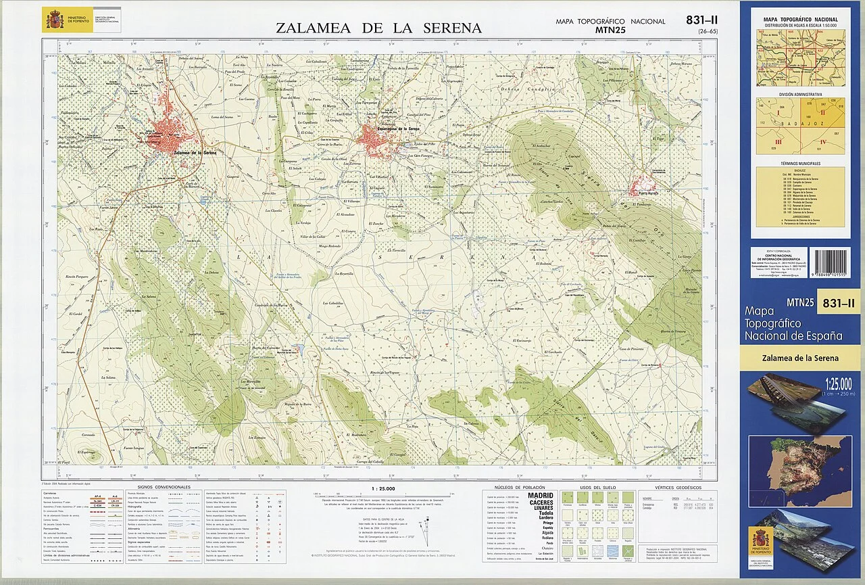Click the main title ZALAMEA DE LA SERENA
378,28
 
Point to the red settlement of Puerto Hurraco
643,184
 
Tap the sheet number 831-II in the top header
703,21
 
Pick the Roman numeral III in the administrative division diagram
778,141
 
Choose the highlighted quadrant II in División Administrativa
822,113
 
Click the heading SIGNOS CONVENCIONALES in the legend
164,487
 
